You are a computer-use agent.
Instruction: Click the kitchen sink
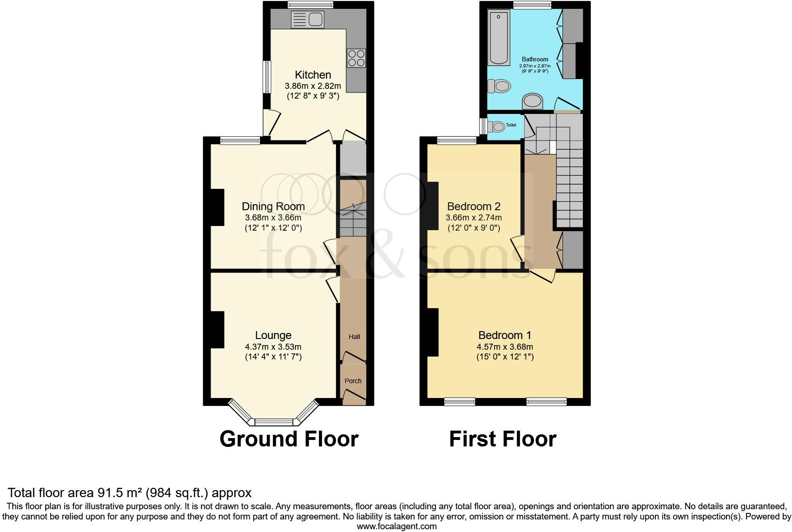(x=307, y=20)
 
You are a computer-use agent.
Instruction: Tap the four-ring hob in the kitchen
(x=356, y=58)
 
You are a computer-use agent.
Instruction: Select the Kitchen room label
(x=313, y=75)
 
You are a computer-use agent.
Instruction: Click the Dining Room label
(x=273, y=206)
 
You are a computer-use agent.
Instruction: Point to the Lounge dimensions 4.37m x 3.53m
(x=273, y=347)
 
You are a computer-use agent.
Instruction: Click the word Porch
(x=353, y=381)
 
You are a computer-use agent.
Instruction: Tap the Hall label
(x=354, y=337)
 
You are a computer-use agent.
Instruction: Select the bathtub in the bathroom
(x=499, y=38)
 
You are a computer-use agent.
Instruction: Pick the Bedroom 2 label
(x=473, y=206)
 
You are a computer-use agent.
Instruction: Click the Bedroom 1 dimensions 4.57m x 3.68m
(x=504, y=347)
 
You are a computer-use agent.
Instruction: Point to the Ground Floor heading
(x=289, y=439)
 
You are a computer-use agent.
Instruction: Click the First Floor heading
(x=502, y=439)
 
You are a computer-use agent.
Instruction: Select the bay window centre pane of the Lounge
(x=274, y=422)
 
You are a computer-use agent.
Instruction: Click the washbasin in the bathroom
(x=533, y=101)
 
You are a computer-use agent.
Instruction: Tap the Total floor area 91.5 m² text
(x=130, y=492)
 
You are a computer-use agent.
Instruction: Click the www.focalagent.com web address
(x=396, y=526)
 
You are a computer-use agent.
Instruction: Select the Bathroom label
(x=535, y=60)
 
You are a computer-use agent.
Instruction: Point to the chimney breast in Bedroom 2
(x=433, y=206)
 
